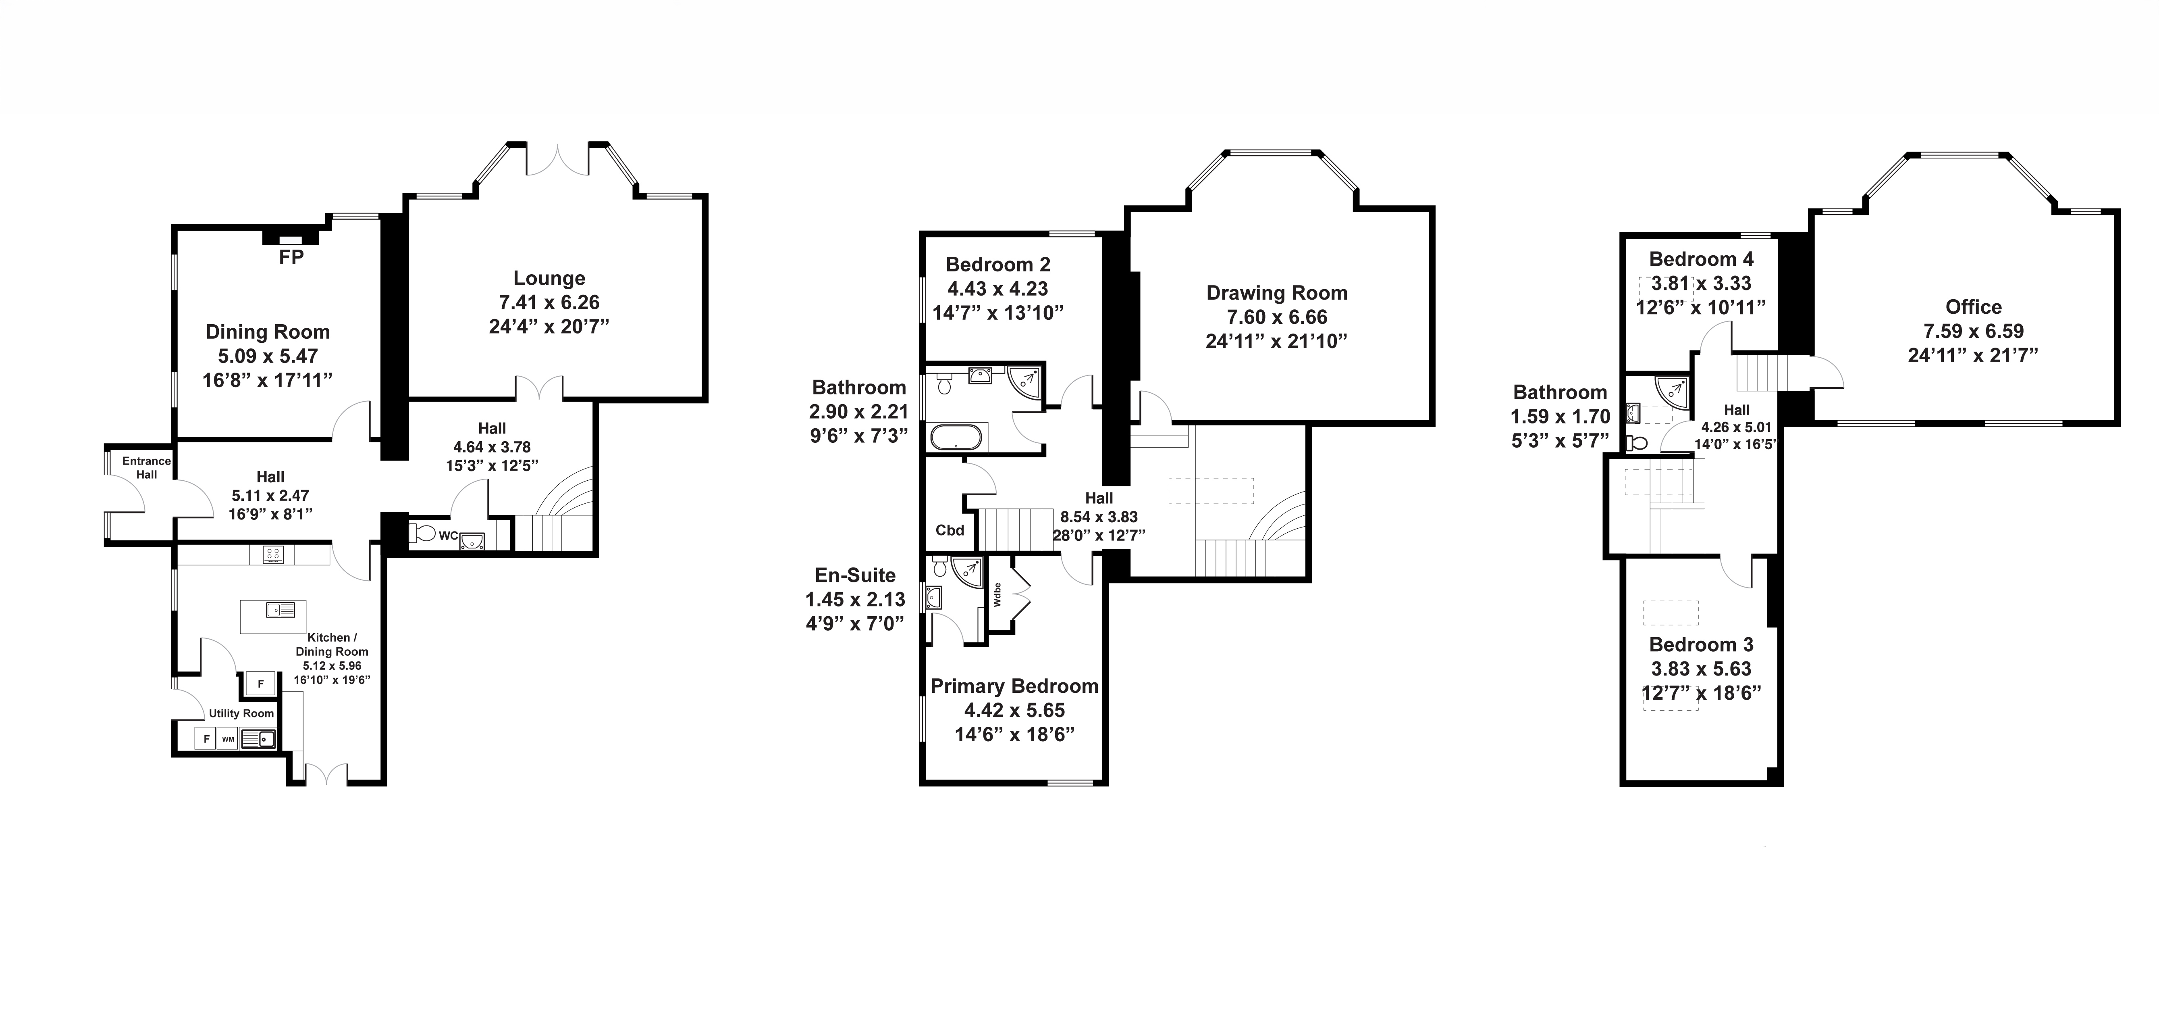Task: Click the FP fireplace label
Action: pos(291,257)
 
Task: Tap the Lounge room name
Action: pos(549,278)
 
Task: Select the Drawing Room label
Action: pos(1276,294)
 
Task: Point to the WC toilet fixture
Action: pos(422,533)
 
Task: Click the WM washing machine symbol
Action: pos(228,738)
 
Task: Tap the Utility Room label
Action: pos(241,713)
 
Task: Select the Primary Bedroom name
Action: pos(1014,687)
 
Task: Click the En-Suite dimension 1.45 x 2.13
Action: pos(855,599)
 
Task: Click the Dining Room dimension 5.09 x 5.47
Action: pos(267,356)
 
